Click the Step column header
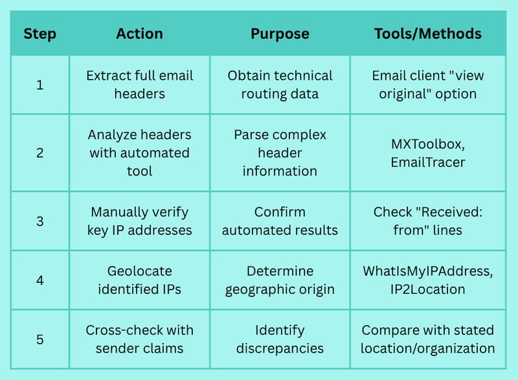coord(39,34)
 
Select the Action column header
coord(139,34)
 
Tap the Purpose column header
coord(280,34)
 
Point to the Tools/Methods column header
coord(428,34)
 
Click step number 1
coord(39,85)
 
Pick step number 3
coord(39,221)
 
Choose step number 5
coord(39,340)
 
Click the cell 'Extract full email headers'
coord(139,85)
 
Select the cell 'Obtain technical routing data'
coord(280,85)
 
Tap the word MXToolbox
coord(428,144)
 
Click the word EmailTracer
coord(428,162)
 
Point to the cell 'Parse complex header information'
coord(280,153)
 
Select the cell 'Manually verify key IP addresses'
coord(139,221)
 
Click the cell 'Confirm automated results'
coord(280,221)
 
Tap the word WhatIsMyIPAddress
coord(428,271)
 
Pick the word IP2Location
coord(428,289)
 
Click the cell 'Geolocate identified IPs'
coord(139,280)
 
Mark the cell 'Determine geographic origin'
coord(280,280)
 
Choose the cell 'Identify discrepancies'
coord(280,339)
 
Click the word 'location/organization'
coord(428,349)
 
